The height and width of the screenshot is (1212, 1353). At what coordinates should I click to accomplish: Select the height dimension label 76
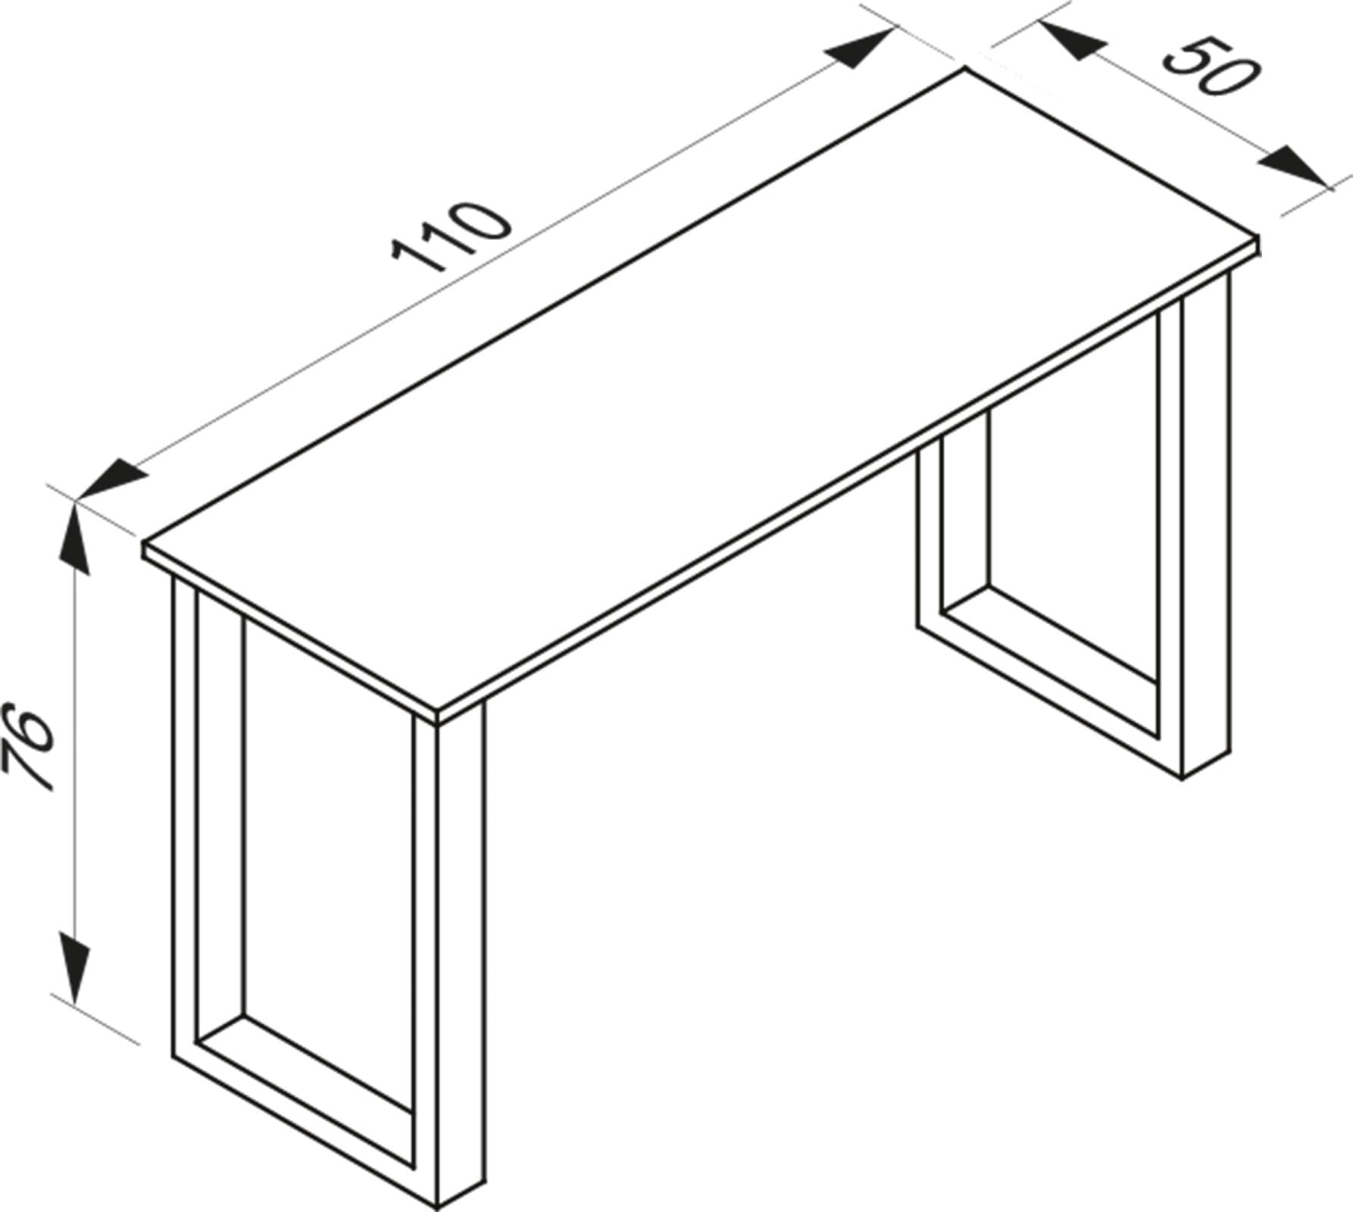(29, 748)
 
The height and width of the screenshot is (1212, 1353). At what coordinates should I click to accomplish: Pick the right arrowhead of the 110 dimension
(860, 48)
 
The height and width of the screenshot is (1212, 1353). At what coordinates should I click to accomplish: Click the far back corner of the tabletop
(965, 69)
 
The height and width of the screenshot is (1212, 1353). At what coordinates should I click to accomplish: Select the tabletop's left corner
(144, 544)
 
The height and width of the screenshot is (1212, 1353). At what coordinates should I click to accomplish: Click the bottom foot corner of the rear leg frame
(1183, 777)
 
